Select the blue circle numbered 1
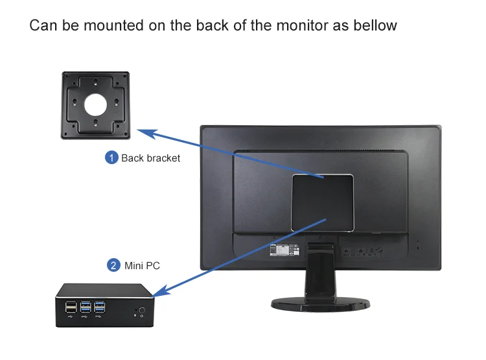[112, 158]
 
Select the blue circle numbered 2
[113, 265]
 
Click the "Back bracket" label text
[150, 158]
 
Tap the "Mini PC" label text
[141, 265]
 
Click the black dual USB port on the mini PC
[70, 307]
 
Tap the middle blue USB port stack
[85, 307]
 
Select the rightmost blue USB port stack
[99, 307]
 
